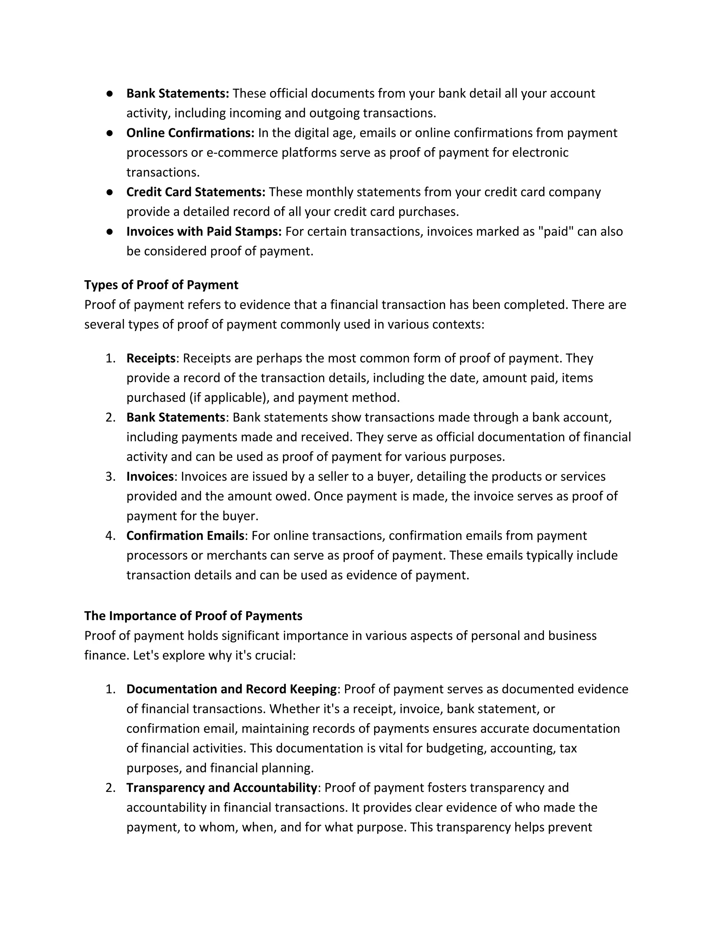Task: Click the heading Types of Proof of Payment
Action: (x=161, y=285)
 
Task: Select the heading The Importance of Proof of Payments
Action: (x=193, y=616)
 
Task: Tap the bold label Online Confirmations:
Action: (x=190, y=133)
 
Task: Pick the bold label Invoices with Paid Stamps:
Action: (x=203, y=231)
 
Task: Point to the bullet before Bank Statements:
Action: (x=109, y=93)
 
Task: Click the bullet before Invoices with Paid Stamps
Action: (x=109, y=231)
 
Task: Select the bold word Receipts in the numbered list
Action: (x=151, y=358)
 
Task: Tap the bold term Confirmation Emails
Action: (x=185, y=536)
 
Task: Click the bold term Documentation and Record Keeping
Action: (x=231, y=689)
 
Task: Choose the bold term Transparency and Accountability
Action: (x=221, y=788)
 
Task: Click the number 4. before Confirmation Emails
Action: (x=110, y=536)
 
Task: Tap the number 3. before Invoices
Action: (x=110, y=477)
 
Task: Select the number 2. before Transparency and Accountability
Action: (x=110, y=788)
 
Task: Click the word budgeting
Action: (x=456, y=748)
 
